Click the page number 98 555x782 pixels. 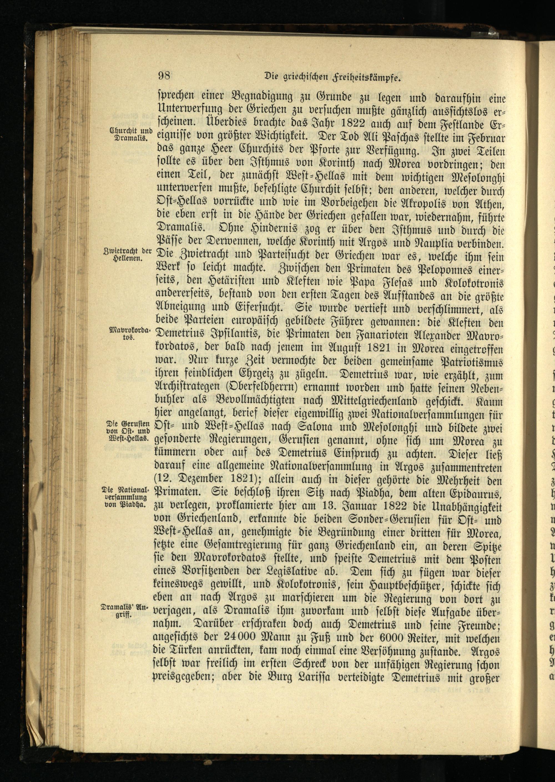tap(164, 75)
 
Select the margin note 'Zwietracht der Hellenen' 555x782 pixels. tap(127, 255)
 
